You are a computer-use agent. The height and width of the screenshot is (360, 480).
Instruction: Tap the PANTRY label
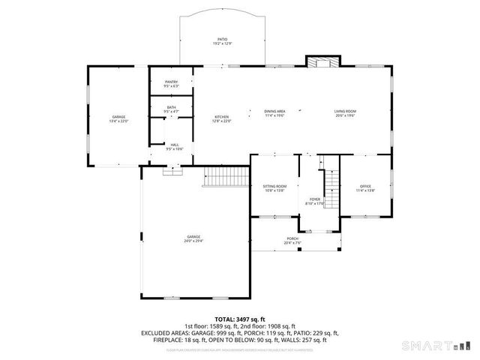point(172,84)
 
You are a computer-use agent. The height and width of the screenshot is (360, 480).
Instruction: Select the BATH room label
point(172,109)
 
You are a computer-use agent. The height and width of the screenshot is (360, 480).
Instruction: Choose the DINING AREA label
point(274,113)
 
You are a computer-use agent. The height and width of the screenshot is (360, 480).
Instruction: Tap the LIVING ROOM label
point(345,113)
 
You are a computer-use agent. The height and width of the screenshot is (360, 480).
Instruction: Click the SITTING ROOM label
point(274,187)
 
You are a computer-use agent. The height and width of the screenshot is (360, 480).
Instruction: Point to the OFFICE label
point(365,187)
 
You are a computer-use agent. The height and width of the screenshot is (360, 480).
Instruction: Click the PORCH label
point(292,241)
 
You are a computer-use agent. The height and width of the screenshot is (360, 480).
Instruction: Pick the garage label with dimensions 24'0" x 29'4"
point(194,239)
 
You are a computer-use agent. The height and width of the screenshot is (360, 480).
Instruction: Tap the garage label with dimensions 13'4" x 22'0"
point(118,118)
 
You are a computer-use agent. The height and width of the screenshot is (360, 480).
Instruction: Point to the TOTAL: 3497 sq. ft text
point(240,319)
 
